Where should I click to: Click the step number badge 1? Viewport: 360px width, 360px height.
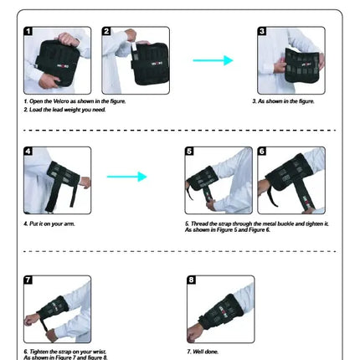coord(28,32)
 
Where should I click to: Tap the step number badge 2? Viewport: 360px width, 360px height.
coord(107,32)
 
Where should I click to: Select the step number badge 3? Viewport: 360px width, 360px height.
coord(262,32)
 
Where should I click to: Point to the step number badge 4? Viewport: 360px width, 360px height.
coord(28,152)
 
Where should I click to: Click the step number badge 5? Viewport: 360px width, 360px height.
coord(189,152)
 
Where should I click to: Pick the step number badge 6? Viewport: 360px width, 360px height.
coord(262,152)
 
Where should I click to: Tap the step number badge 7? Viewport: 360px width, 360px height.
coord(28,280)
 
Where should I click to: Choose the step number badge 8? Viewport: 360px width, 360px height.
coord(192,280)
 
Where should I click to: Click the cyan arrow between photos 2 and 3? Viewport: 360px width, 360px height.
coord(213,60)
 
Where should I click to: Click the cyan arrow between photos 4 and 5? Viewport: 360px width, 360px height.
coord(126,177)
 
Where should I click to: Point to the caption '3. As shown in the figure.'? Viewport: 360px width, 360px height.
coord(283,101)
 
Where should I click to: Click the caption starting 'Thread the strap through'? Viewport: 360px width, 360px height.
coord(256,224)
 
